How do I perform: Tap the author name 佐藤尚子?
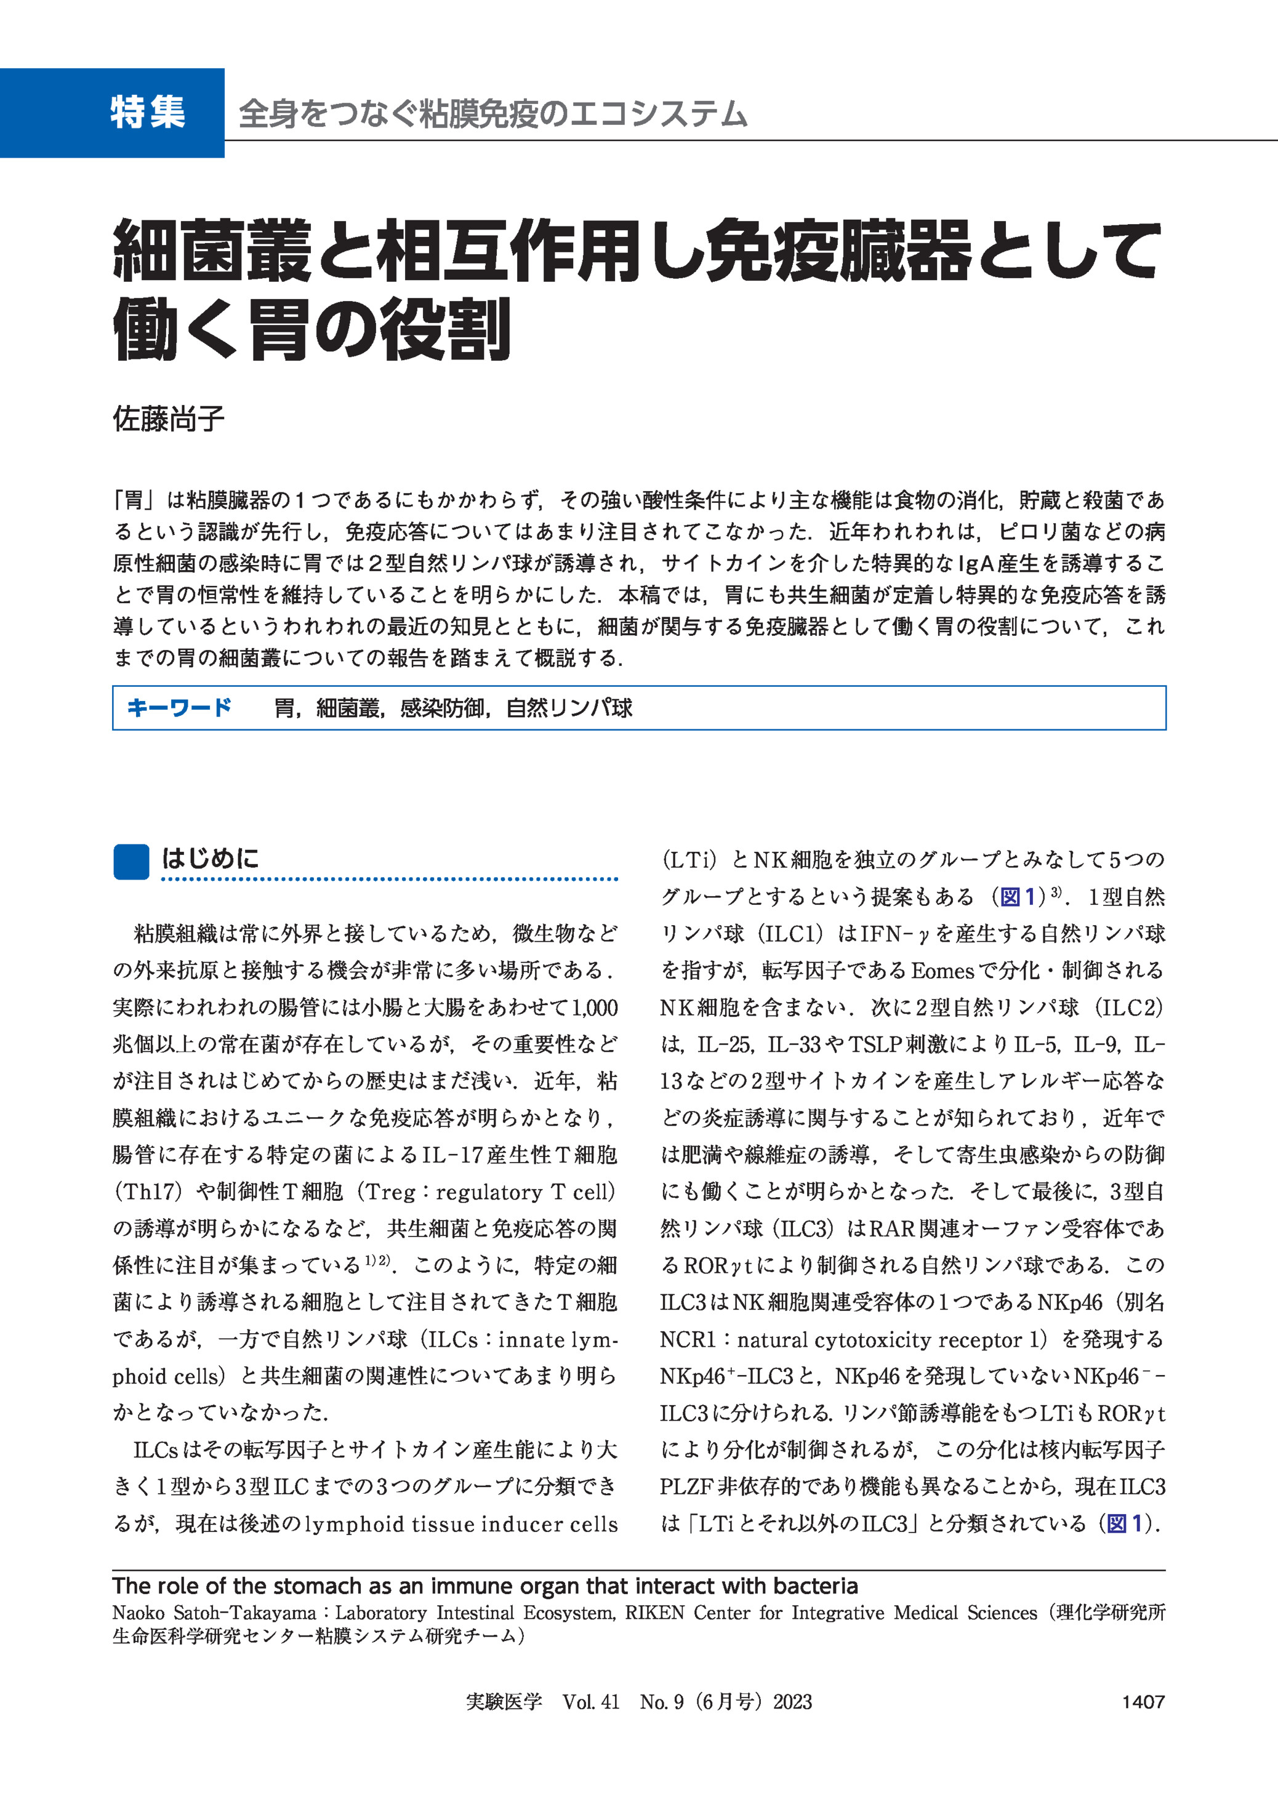[169, 419]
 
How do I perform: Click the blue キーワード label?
[179, 707]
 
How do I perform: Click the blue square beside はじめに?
[131, 862]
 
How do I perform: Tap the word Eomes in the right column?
[942, 971]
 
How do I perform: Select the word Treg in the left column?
[390, 1192]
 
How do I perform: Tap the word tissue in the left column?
[444, 1524]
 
